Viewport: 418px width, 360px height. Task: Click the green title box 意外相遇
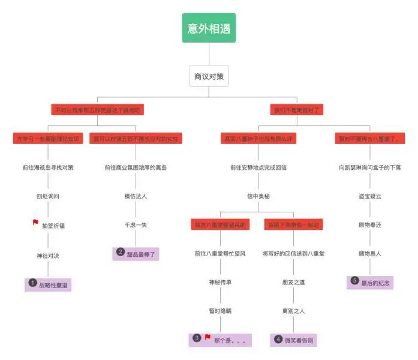tap(209, 28)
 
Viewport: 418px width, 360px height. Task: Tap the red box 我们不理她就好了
tap(297, 110)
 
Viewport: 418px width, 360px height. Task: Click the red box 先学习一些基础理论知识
tap(47, 139)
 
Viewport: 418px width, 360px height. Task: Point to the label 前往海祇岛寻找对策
tap(48, 167)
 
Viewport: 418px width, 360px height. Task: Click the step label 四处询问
tap(48, 196)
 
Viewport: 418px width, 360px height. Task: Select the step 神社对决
tap(48, 255)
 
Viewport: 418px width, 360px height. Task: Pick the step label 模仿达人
tap(136, 196)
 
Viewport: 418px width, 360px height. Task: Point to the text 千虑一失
tap(136, 225)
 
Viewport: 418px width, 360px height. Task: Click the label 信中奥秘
tap(258, 196)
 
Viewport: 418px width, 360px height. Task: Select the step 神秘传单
tap(220, 283)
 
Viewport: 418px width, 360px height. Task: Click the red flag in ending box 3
tap(208, 338)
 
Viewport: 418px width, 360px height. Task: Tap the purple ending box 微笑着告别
tap(294, 340)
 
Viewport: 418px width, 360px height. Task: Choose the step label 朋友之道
tap(294, 283)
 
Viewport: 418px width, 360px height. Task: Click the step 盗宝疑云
tap(370, 196)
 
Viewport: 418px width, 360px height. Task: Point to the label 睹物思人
tap(370, 254)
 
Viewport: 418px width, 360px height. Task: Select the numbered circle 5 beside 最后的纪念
tap(354, 281)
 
